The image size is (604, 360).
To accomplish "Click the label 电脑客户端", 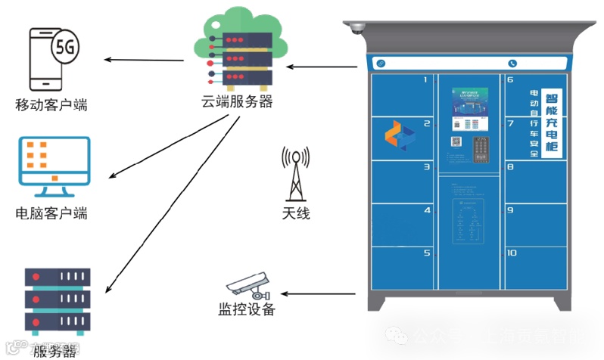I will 51,213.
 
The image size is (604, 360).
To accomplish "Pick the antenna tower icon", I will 295,173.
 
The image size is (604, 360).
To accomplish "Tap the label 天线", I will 296,214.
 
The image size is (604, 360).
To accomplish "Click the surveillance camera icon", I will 248,286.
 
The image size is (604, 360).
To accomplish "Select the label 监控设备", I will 247,309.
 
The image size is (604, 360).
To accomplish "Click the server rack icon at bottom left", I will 58,301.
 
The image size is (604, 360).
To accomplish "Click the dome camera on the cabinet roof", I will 355,29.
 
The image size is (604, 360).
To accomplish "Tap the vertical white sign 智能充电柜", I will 553,121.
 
